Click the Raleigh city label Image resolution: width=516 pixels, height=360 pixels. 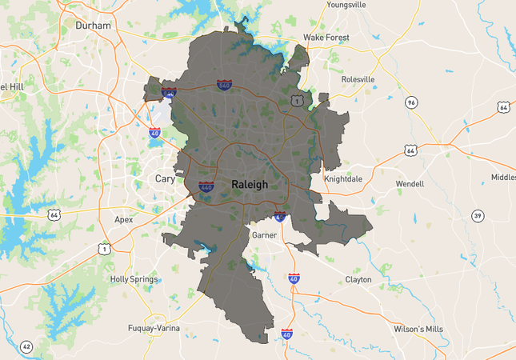[x=249, y=184]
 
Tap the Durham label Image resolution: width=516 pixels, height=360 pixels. [x=93, y=26]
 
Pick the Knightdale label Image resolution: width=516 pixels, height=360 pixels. [x=343, y=178]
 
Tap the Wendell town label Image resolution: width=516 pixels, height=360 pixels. [x=410, y=184]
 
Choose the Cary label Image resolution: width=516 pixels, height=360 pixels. [x=165, y=178]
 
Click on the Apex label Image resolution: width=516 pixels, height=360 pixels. [x=124, y=218]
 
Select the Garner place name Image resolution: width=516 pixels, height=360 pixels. [x=263, y=236]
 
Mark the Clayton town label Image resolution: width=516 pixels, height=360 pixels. [x=358, y=279]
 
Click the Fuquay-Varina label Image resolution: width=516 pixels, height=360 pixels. [x=154, y=328]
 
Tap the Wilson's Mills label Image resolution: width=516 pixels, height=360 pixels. [x=418, y=328]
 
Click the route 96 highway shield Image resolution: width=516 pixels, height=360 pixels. [x=411, y=102]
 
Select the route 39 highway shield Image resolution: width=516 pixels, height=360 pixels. [x=478, y=216]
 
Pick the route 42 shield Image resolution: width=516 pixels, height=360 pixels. [x=26, y=346]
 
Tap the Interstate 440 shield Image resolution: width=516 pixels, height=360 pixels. [x=206, y=187]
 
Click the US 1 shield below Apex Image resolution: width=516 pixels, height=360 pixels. [x=103, y=250]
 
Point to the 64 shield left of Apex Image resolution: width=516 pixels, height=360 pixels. [x=54, y=214]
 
